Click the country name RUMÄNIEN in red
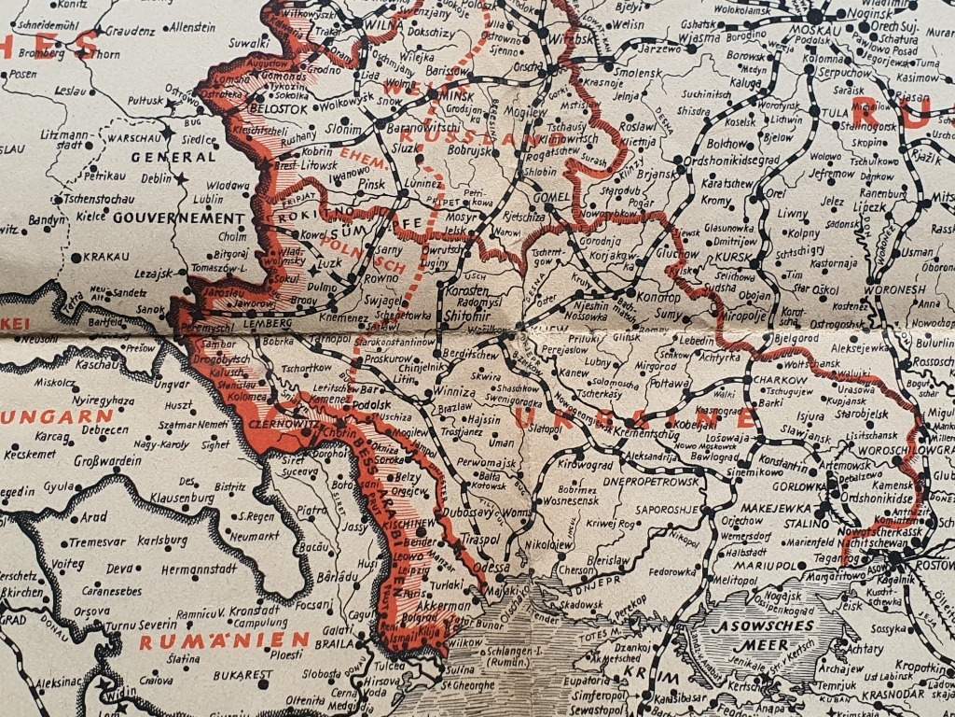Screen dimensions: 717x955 point(225,640)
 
